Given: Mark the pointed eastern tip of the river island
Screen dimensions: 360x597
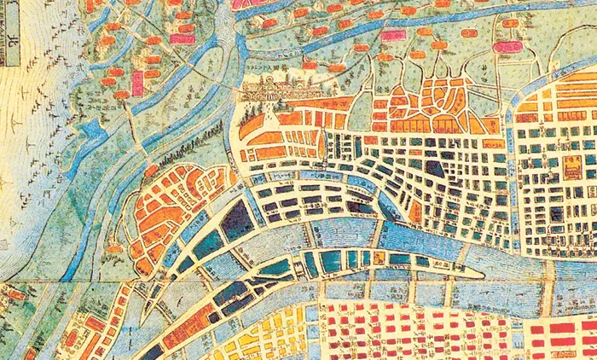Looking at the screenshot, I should (x=483, y=276).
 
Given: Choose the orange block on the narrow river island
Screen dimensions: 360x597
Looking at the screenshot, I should (x=376, y=258).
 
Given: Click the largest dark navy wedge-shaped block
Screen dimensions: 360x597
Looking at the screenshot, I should (x=238, y=219).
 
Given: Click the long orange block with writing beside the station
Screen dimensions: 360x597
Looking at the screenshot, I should (x=321, y=105).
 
